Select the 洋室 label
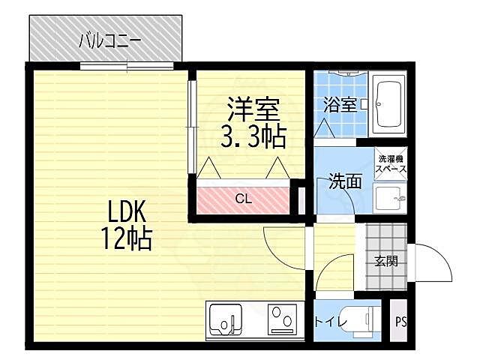click(x=253, y=110)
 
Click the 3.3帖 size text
click(x=253, y=136)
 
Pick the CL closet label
click(x=243, y=199)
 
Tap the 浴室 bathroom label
click(x=339, y=105)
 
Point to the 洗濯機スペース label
click(x=391, y=163)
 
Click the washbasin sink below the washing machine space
click(x=389, y=199)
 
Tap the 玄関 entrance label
click(x=385, y=261)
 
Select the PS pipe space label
click(x=400, y=322)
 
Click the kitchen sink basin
click(x=224, y=322)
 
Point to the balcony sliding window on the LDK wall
click(x=128, y=66)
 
